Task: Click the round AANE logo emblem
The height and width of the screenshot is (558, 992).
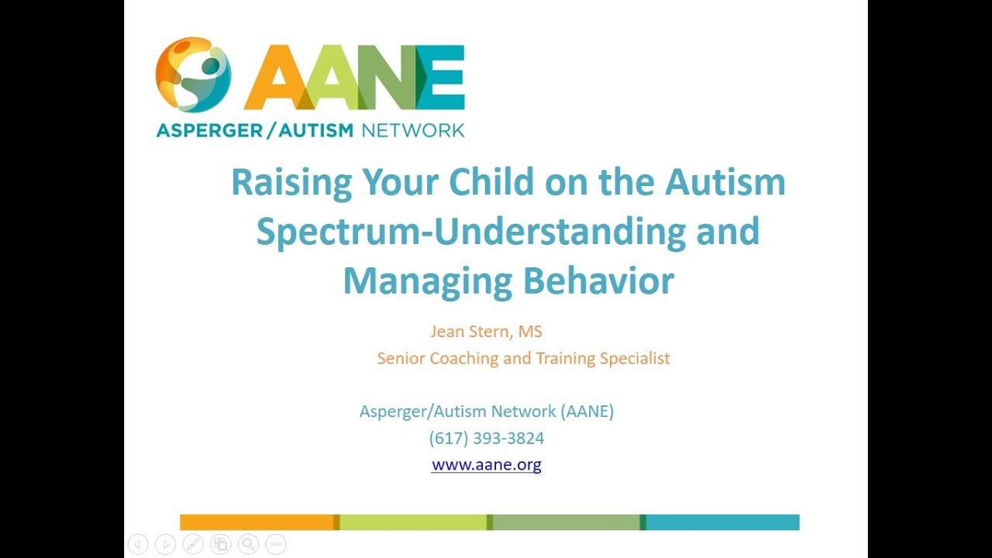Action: [193, 74]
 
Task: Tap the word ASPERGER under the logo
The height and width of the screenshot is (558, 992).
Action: [205, 130]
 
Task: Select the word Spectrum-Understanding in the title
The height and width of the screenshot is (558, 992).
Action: [470, 232]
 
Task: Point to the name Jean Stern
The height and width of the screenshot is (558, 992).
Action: [469, 332]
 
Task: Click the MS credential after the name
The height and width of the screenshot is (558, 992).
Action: [530, 332]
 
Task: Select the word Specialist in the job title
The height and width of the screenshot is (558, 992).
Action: [635, 359]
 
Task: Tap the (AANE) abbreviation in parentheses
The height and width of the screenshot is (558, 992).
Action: [589, 412]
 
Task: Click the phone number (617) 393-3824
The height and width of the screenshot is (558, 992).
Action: [487, 439]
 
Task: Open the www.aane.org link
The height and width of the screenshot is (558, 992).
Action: [486, 465]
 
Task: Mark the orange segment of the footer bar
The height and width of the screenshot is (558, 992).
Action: [257, 522]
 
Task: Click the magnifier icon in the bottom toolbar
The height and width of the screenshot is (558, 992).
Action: [248, 544]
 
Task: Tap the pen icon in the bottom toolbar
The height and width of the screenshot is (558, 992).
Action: [192, 544]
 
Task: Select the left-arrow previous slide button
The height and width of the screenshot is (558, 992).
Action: [137, 544]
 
